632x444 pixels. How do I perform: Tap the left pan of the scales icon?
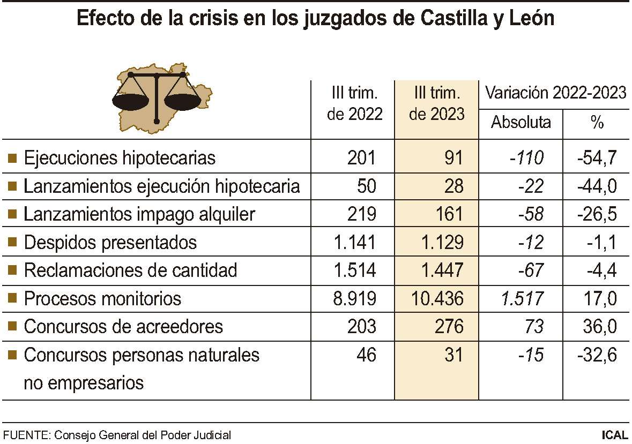[130, 100]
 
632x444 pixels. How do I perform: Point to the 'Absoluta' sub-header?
[521, 123]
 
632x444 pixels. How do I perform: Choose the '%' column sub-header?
[597, 123]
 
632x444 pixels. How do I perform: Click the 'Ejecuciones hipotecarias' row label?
[120, 158]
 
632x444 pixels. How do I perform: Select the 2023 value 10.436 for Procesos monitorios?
[438, 298]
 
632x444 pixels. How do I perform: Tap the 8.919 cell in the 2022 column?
[354, 298]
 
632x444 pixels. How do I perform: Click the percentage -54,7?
[597, 158]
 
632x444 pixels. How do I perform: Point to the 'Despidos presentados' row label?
[110, 243]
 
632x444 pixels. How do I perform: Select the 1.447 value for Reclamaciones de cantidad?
[441, 270]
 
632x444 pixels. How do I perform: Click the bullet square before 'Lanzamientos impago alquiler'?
[13, 215]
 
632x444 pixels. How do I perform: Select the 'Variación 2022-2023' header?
[555, 93]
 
